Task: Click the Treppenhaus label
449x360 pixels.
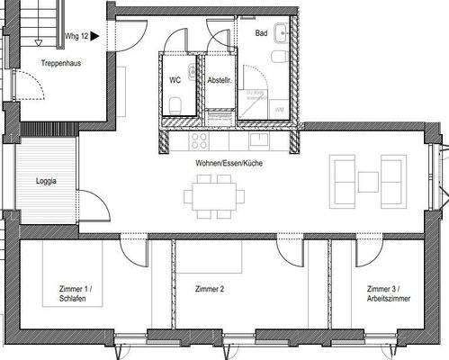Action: [60, 62]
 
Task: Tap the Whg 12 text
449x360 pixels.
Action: [76, 37]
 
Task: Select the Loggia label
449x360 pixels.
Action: [48, 180]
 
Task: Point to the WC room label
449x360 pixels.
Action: [175, 78]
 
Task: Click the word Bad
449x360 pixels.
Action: [261, 33]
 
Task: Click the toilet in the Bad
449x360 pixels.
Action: [281, 59]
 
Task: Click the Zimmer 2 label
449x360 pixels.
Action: [209, 289]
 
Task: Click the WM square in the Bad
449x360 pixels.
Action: [279, 107]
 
